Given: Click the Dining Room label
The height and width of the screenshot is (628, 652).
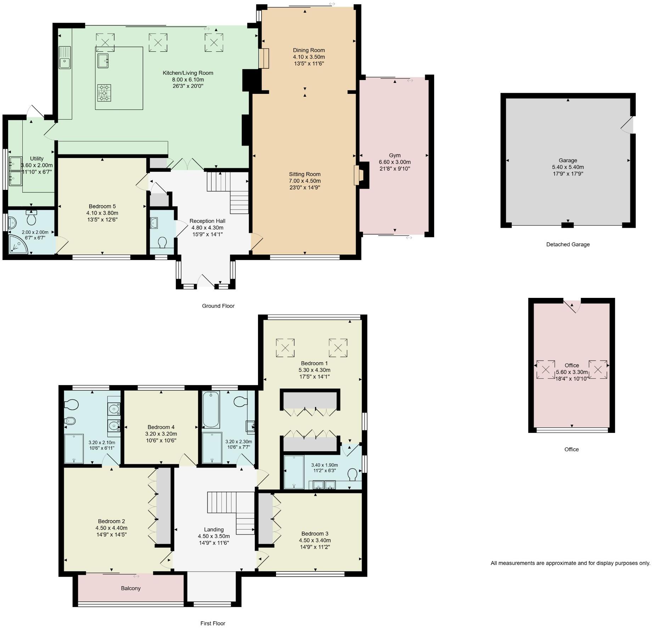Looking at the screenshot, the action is point(309,50).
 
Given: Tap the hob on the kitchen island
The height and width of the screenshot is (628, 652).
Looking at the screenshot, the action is point(104,93).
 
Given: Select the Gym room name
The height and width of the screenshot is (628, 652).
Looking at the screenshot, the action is point(395,155).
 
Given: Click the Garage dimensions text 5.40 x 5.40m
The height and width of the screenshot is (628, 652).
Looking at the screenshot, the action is point(568,167).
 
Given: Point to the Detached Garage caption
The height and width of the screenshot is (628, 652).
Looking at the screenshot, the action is point(568,244).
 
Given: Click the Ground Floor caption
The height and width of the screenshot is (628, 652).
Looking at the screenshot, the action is point(218,306).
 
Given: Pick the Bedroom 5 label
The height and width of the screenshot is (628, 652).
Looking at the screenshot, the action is point(102,206).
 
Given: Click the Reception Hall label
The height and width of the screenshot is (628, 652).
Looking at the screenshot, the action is point(207,221).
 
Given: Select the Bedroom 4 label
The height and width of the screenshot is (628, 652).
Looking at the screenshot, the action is point(161,427).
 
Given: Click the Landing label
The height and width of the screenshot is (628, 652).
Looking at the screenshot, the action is point(214,530).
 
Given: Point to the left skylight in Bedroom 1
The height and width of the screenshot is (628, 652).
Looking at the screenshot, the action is point(285,348).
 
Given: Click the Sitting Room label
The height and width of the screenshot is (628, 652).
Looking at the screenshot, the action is point(305,174).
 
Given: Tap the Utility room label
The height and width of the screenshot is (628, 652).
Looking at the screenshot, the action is point(37,159).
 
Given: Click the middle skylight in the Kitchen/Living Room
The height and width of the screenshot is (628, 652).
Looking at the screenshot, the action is point(158,43).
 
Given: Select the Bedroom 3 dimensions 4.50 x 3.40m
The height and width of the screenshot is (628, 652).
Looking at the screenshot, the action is point(315,541).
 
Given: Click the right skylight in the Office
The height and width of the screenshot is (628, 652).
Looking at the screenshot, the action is point(598,370).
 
